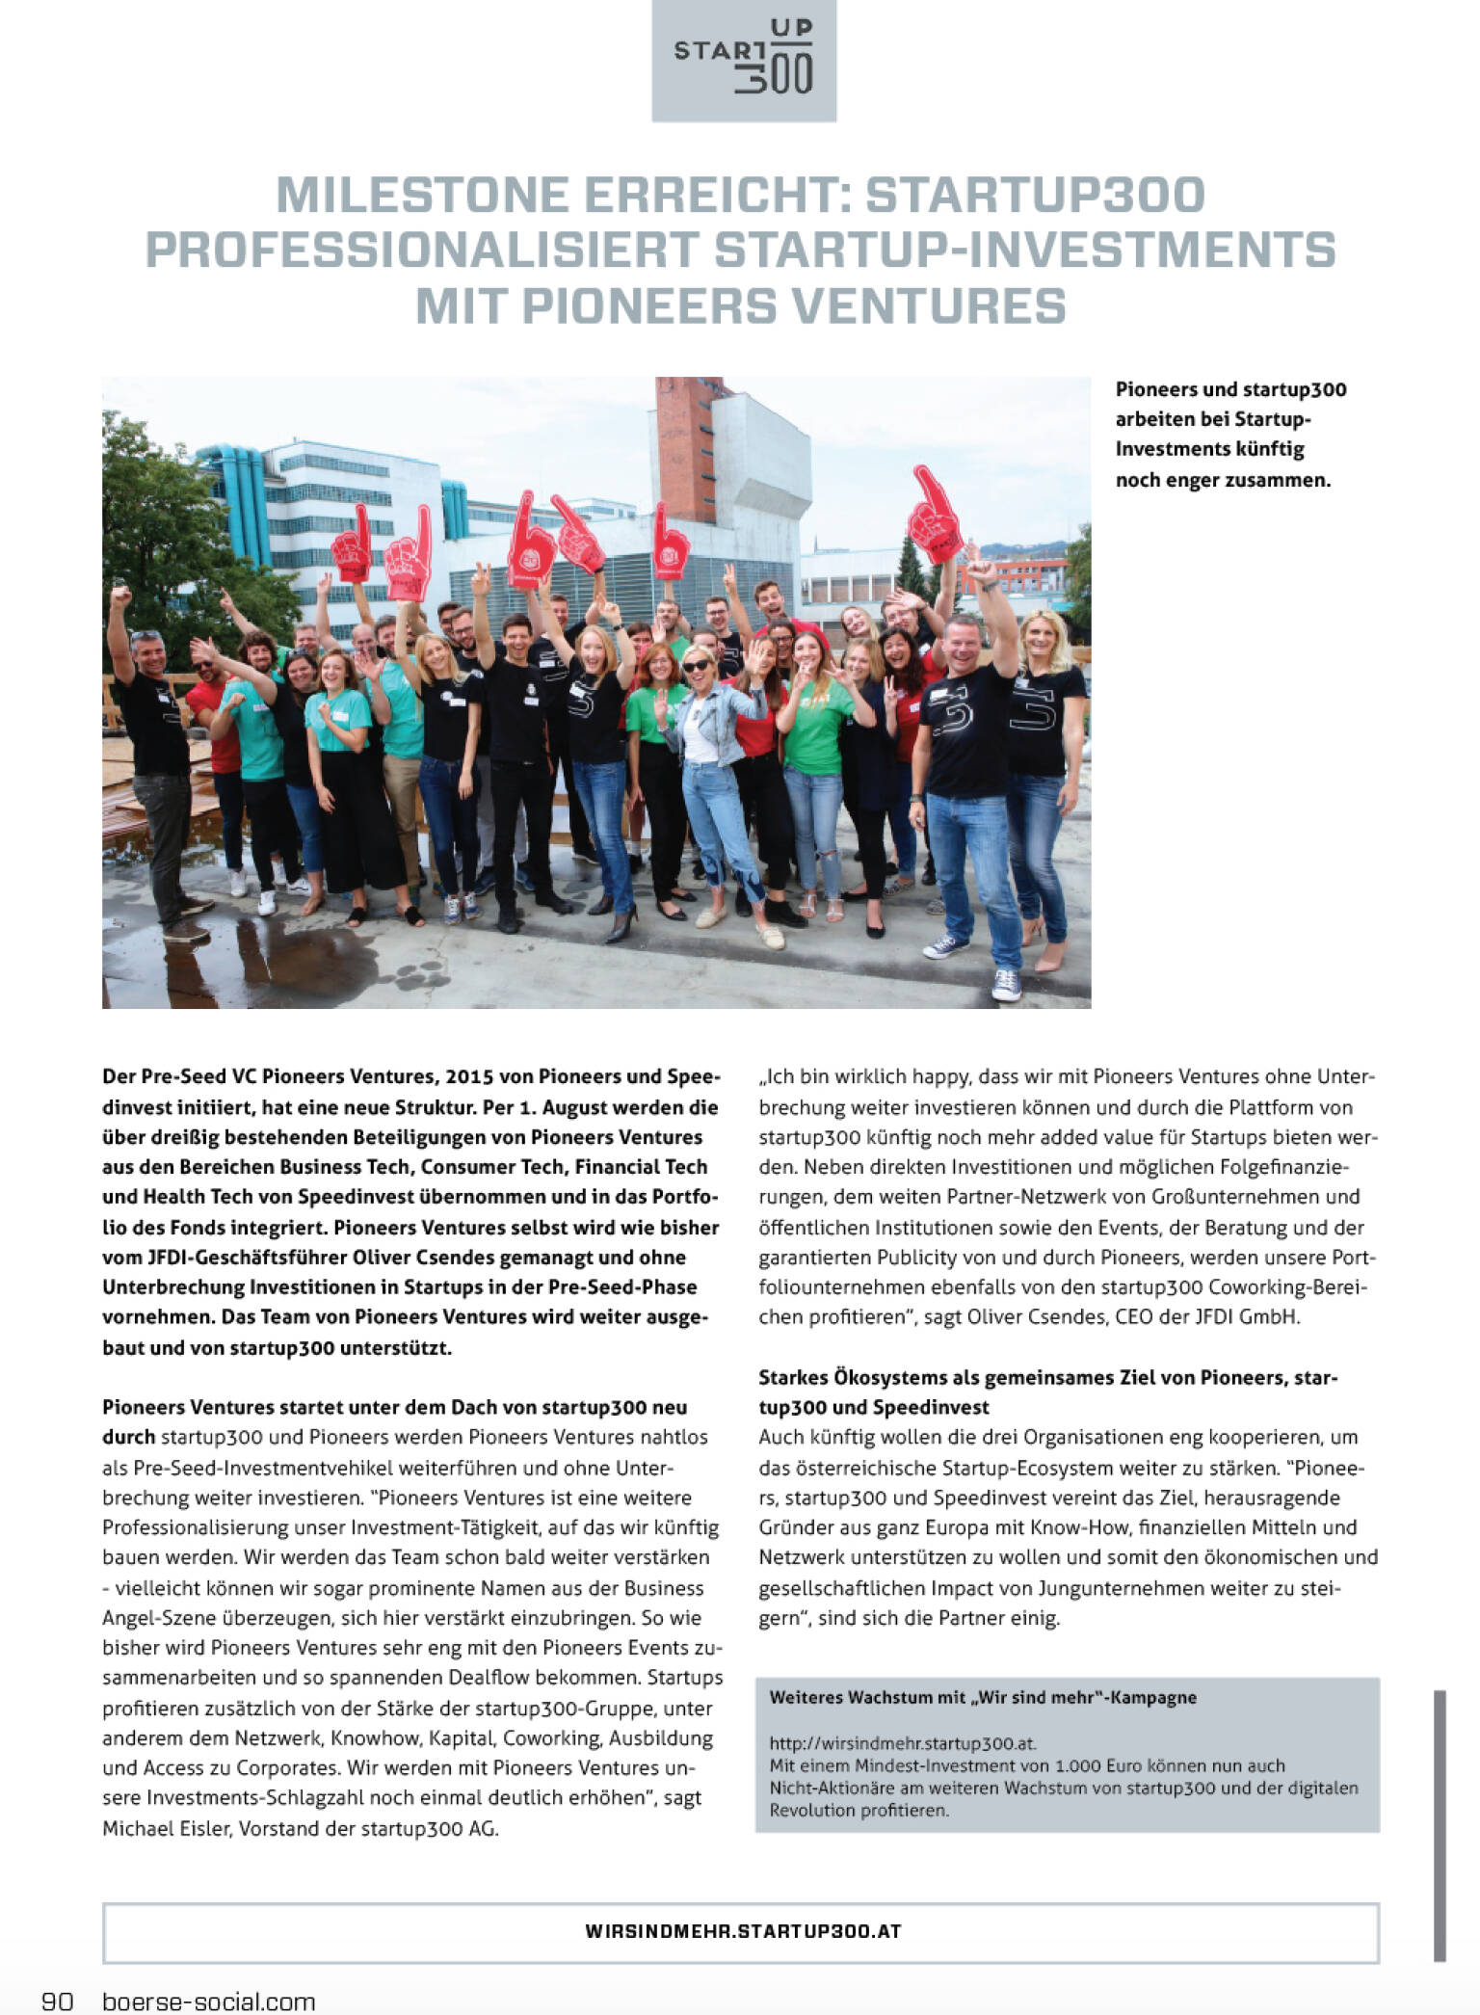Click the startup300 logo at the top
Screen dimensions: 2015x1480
coord(744,60)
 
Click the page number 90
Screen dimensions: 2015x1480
coord(57,2001)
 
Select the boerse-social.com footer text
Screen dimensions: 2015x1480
coord(209,2001)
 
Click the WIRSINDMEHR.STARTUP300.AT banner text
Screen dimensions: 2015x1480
coord(742,1931)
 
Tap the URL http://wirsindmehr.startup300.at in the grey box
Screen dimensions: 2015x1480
coord(902,1743)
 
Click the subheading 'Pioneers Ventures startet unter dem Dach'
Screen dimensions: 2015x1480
coord(394,1407)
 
